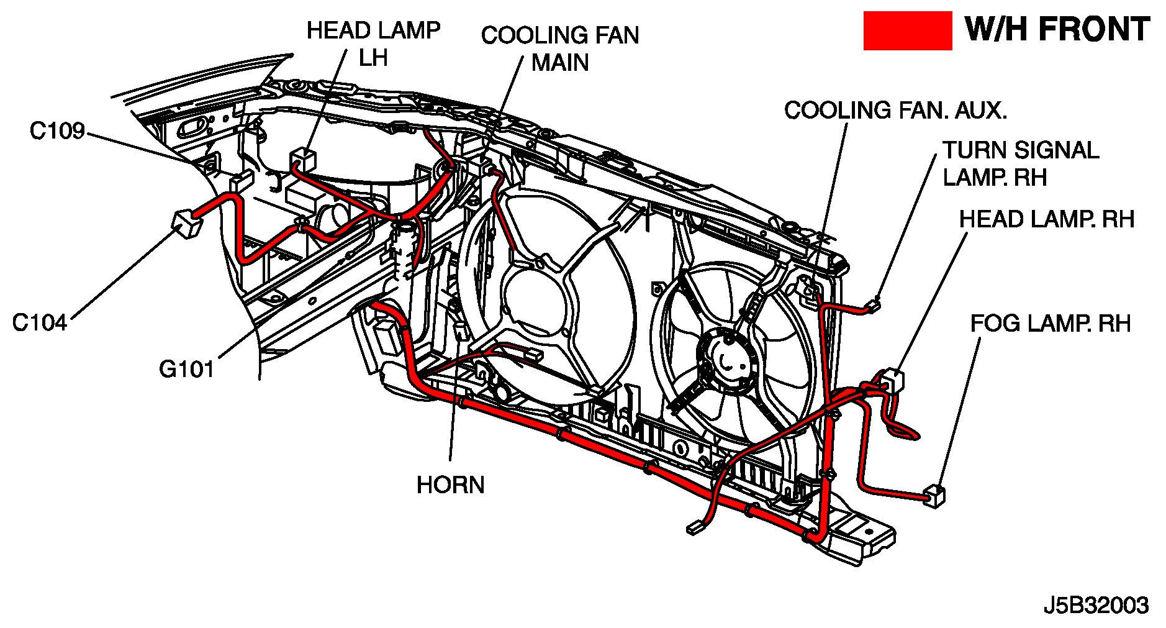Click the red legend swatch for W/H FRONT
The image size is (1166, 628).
click(x=907, y=30)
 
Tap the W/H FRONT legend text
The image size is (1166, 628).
click(x=1057, y=30)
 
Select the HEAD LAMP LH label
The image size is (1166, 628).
click(x=373, y=43)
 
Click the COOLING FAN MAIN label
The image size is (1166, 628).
click(x=559, y=48)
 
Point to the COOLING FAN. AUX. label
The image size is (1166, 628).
click(x=895, y=111)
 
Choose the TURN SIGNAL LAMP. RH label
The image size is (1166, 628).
click(x=1020, y=164)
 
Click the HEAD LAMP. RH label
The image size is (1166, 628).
click(x=1046, y=219)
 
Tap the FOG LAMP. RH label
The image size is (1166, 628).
click(x=1050, y=324)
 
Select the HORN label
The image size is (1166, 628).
click(x=450, y=485)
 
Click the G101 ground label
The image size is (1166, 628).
click(x=186, y=370)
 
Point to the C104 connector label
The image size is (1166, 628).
click(x=40, y=323)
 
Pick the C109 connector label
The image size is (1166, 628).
click(x=57, y=131)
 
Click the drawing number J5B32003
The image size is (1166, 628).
click(x=1096, y=605)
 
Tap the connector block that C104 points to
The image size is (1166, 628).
click(x=184, y=223)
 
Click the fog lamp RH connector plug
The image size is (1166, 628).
click(x=934, y=496)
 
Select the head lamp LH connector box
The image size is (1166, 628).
click(x=303, y=159)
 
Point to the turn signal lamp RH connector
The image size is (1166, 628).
click(x=875, y=304)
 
